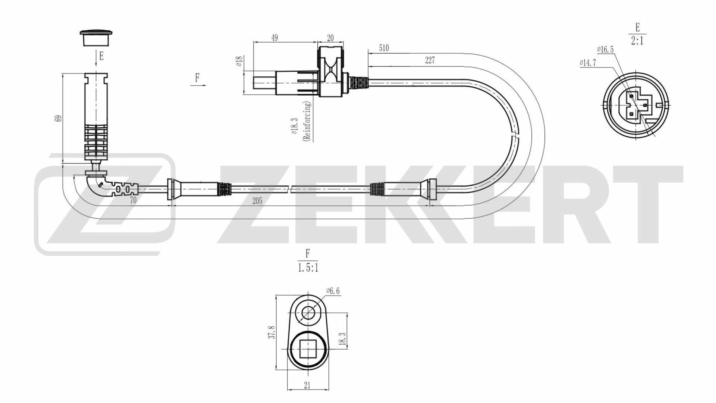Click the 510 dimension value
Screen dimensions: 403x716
coord(384,48)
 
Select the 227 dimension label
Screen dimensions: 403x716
coord(430,60)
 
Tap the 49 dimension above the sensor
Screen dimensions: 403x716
coord(274,38)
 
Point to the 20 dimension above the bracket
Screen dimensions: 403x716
coord(330,38)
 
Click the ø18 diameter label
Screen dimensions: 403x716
coord(240,61)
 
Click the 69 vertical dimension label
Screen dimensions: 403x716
coord(58,118)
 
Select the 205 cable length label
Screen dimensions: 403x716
coord(257,201)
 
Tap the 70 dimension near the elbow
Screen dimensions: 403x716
coord(133,200)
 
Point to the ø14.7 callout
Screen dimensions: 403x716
coord(588,63)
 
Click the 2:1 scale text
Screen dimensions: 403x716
coord(637,40)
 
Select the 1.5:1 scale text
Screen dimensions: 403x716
coord(308,268)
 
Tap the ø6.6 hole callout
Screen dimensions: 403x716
coord(333,291)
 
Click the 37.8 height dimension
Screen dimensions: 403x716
coord(272,332)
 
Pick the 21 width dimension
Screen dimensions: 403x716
coord(307,385)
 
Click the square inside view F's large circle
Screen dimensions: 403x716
coord(308,350)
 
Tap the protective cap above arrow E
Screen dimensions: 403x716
coord(97,37)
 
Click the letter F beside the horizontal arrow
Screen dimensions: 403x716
coord(197,78)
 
